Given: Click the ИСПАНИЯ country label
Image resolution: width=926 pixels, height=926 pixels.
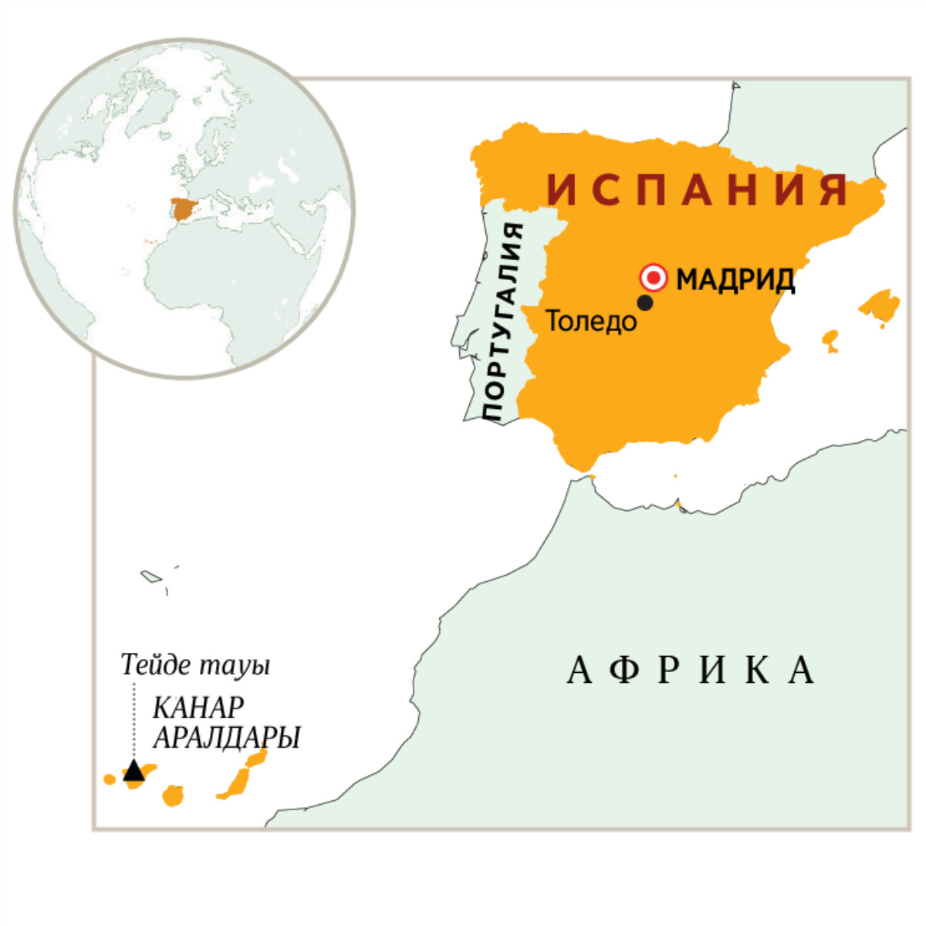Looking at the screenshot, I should pos(698,190).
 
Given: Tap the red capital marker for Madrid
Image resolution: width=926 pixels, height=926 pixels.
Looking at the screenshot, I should pos(654,277).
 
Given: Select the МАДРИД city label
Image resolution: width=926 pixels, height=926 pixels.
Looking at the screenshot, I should pos(735,279).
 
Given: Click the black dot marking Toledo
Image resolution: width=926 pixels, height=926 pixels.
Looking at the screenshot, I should pos(645,302).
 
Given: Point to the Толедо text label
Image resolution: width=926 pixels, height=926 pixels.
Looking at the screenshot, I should pos(592,321).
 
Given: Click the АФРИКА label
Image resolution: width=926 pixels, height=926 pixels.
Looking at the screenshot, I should pos(691,670).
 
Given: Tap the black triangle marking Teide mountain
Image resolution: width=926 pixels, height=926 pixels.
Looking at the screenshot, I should pos(133,771).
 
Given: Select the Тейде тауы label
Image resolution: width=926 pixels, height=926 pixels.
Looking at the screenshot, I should pos(195,665).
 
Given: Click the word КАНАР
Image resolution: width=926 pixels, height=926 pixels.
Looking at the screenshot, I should pos(198,707).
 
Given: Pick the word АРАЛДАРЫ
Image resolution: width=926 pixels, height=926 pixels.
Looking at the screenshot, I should pos(226,738).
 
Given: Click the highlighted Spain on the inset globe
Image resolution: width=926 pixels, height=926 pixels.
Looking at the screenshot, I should pos(183,208).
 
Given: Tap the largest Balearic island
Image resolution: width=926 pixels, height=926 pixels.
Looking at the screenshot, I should pos(880,306).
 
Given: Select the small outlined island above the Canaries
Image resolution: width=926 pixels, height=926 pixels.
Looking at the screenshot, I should pos(150,576).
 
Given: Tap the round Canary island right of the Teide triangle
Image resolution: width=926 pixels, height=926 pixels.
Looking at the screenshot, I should pos(173,796).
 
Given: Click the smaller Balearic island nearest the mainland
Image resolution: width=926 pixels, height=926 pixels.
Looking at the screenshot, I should pos(830,340).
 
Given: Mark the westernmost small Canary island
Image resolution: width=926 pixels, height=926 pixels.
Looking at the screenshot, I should pos(110,779).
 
